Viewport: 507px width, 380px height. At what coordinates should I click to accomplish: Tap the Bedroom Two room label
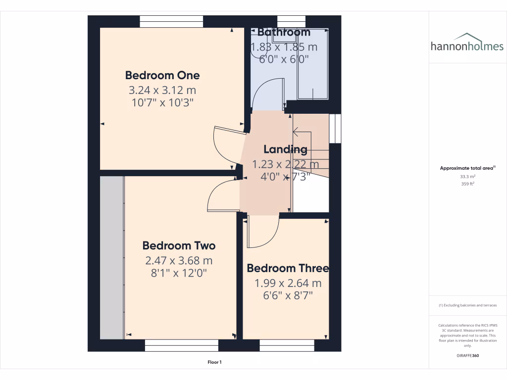(179, 246)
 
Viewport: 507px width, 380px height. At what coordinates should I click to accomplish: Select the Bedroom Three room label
(288, 268)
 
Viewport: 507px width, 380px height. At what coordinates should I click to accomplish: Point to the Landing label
(285, 149)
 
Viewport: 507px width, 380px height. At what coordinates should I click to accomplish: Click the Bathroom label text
(284, 33)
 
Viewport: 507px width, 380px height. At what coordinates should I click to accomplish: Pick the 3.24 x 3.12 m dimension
(162, 91)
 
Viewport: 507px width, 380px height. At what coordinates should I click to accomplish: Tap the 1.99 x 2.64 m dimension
(288, 284)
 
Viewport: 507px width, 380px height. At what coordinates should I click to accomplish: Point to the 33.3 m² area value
(468, 176)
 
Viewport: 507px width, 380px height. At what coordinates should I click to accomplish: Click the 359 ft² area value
(468, 184)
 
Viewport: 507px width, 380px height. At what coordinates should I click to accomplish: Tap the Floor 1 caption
(214, 363)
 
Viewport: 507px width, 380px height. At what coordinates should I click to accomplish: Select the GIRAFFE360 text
(468, 356)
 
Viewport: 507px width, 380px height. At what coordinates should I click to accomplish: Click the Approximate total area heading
(467, 168)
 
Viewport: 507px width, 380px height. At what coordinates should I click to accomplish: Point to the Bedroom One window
(171, 21)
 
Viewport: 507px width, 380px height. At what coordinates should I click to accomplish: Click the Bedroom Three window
(287, 345)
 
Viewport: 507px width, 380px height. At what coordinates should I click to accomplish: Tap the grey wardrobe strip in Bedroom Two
(111, 257)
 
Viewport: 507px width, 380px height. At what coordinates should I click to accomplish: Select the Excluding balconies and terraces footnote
(468, 305)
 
